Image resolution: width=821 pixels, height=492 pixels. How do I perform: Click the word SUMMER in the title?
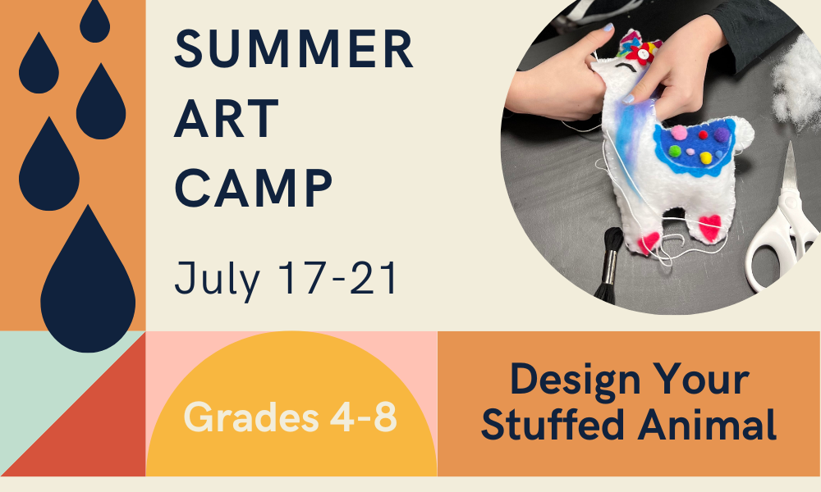pyautogui.click(x=294, y=49)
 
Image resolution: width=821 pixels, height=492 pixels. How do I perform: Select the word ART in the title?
pyautogui.click(x=227, y=119)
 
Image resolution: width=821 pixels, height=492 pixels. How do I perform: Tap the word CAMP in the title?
pyautogui.click(x=254, y=189)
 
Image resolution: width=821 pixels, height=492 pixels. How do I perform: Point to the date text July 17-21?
pyautogui.click(x=286, y=278)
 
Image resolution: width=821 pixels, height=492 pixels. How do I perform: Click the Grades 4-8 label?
pyautogui.click(x=290, y=417)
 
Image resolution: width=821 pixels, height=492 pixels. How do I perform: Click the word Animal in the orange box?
pyautogui.click(x=708, y=424)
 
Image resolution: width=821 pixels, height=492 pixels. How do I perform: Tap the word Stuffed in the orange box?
pyautogui.click(x=553, y=424)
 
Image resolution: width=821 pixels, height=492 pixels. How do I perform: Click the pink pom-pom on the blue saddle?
pyautogui.click(x=679, y=133)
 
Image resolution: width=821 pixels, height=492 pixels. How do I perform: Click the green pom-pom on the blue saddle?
pyautogui.click(x=674, y=151)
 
